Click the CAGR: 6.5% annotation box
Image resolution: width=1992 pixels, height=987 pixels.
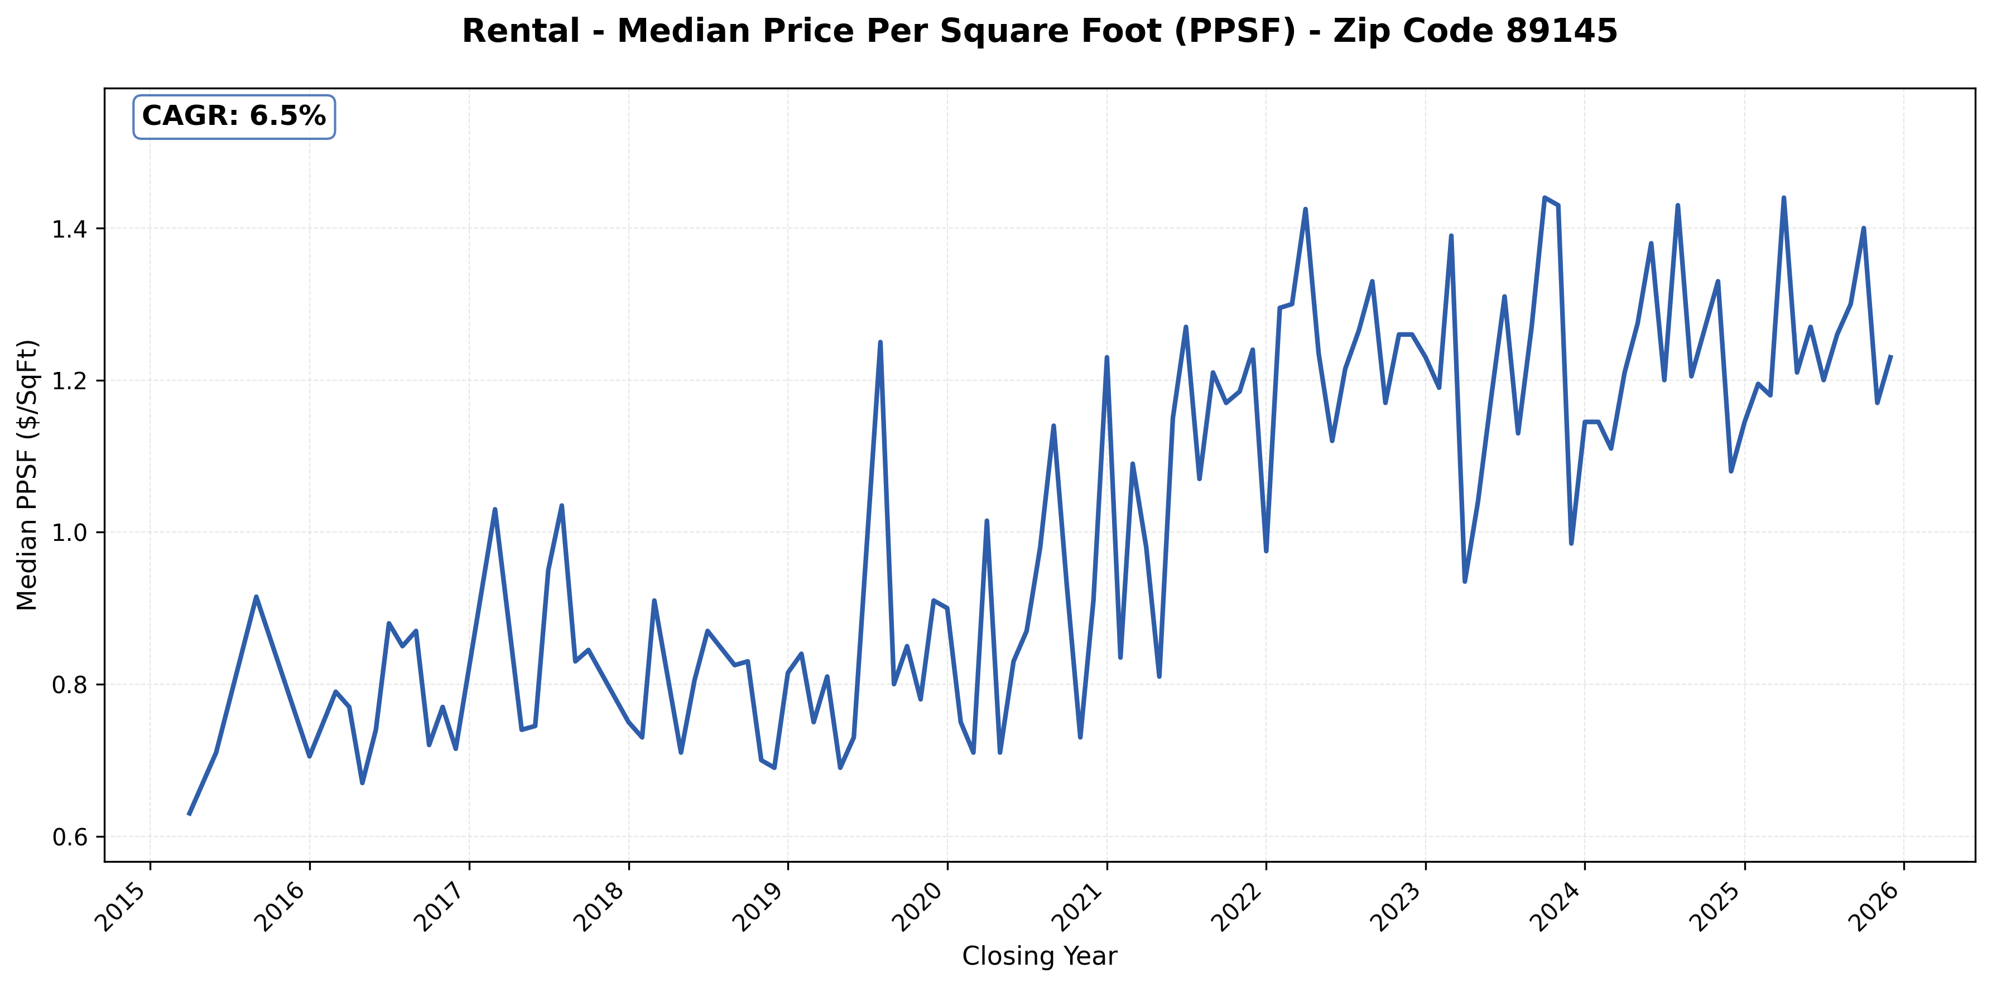coord(234,117)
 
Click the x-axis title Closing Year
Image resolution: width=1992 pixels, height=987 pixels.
coord(1040,957)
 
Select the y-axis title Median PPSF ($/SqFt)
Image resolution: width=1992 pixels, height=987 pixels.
coord(28,475)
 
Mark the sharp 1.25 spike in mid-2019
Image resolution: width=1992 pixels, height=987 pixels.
coord(880,342)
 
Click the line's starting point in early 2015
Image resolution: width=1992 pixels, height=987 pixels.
coord(189,814)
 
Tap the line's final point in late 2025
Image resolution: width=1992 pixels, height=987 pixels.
coord(1890,357)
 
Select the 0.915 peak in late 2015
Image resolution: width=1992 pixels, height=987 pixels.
coord(256,597)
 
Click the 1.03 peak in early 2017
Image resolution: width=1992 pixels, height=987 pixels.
coord(495,509)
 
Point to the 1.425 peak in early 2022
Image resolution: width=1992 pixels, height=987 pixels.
coord(1305,210)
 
